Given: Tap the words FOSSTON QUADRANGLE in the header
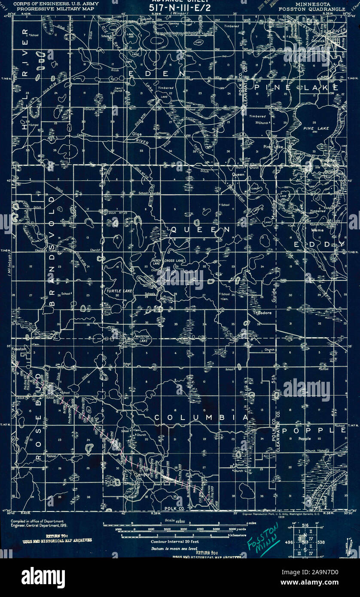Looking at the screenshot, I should [x=311, y=9].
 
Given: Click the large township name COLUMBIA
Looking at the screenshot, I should [x=201, y=417].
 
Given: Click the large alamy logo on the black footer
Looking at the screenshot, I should [x=43, y=578].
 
